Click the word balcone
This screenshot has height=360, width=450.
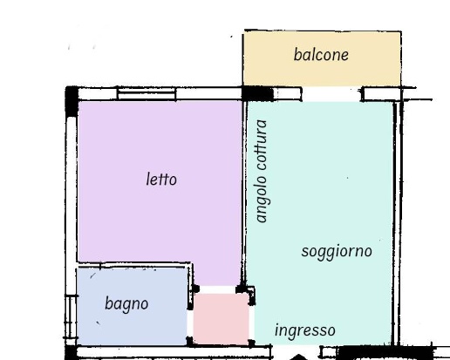click(x=321, y=55)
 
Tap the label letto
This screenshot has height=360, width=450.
click(x=160, y=180)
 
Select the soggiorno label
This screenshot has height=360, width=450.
click(x=337, y=251)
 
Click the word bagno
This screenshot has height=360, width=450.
click(x=126, y=304)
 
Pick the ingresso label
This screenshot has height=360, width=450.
click(x=304, y=330)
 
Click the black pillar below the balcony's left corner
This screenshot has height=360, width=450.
click(x=256, y=93)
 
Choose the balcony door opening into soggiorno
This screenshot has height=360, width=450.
click(x=331, y=94)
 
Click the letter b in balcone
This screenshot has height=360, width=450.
click(x=297, y=55)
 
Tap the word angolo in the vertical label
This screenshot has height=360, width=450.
click(x=262, y=200)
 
